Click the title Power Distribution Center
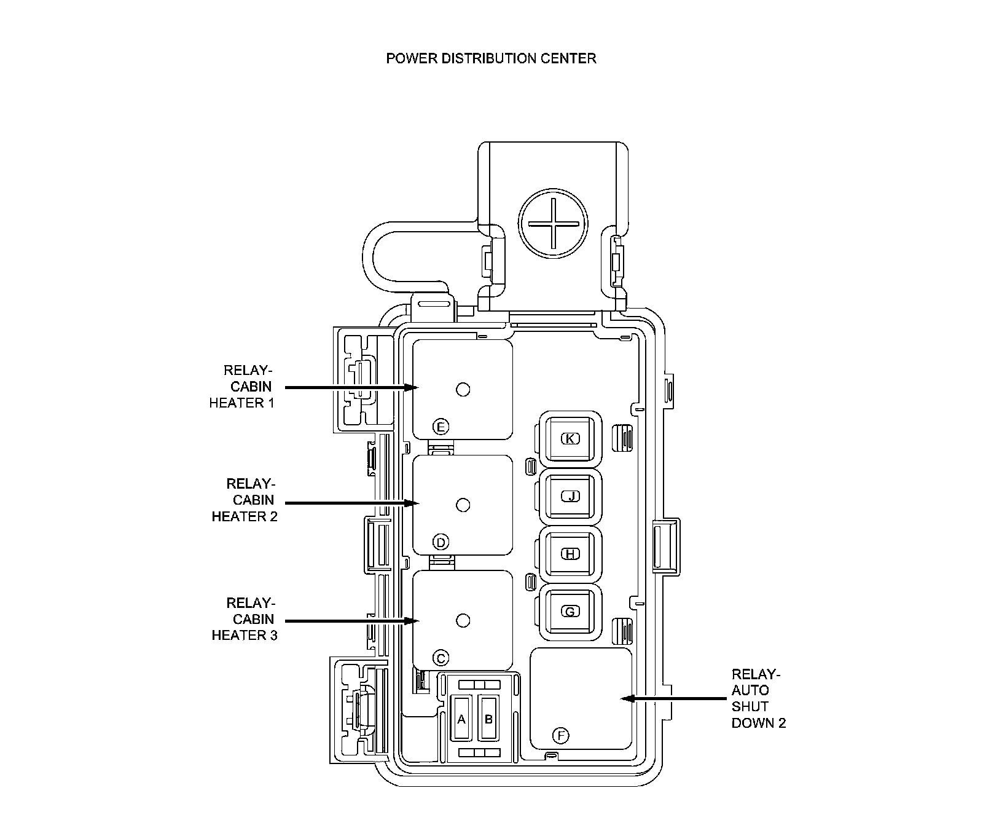(491, 58)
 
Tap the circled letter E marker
(441, 427)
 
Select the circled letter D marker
(441, 542)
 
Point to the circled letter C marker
(441, 658)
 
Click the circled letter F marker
(560, 735)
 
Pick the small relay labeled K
(571, 438)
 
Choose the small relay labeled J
(571, 496)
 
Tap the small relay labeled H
(571, 554)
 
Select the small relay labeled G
(571, 612)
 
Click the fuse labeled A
(462, 719)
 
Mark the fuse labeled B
(489, 719)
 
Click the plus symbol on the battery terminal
(553, 224)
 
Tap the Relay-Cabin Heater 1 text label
(243, 387)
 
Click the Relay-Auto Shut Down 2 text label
(758, 698)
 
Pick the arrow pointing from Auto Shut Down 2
(673, 698)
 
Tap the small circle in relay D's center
(463, 505)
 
